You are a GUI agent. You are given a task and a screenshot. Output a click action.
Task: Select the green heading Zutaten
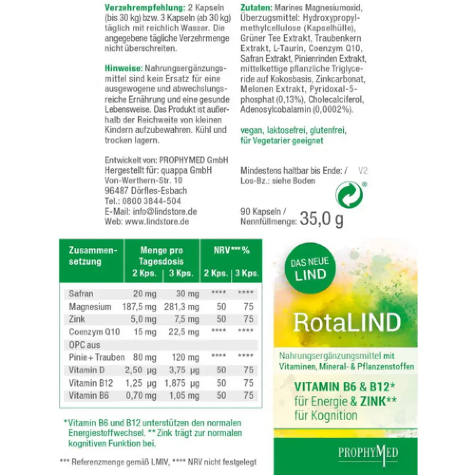tap(256, 8)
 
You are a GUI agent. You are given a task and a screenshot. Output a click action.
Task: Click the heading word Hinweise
tap(123, 68)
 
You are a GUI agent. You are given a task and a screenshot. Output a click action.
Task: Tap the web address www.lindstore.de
tap(157, 222)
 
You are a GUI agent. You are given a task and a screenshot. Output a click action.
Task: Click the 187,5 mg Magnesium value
tap(141, 307)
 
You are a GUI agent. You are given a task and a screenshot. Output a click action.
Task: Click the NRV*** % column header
tap(230, 250)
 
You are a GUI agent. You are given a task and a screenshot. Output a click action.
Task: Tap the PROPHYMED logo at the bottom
tap(368, 452)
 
